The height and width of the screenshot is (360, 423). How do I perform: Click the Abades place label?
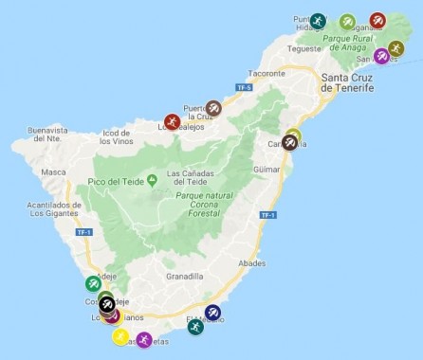click(253, 262)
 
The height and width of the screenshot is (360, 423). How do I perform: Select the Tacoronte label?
click(266, 72)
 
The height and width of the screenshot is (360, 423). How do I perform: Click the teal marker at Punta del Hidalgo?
click(318, 21)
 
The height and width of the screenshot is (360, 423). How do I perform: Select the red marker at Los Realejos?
click(172, 121)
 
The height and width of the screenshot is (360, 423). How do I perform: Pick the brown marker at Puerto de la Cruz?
click(214, 108)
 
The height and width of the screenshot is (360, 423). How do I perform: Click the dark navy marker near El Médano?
click(212, 313)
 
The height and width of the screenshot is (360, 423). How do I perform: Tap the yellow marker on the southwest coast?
click(121, 335)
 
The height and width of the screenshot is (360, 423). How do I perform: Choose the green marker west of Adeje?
click(93, 282)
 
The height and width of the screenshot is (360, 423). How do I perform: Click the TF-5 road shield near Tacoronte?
click(243, 86)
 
